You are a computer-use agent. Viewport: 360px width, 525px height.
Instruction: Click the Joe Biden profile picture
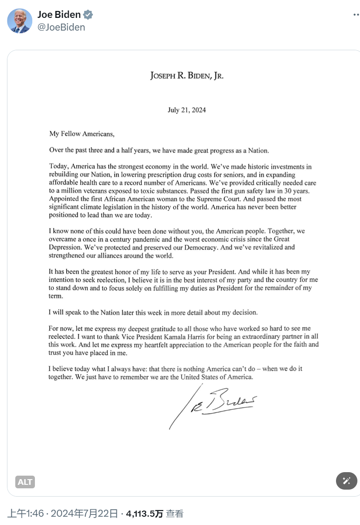coord(20,21)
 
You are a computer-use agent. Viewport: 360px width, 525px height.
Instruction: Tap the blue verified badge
coord(88,15)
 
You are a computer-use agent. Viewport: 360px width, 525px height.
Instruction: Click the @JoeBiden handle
coord(61,27)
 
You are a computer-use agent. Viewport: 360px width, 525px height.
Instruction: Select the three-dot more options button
coord(356,15)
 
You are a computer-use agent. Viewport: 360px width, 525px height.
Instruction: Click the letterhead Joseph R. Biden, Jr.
coord(187,76)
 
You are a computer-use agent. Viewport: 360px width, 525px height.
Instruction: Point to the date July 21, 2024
coord(187,110)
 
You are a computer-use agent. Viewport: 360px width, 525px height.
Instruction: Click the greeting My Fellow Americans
coord(82,134)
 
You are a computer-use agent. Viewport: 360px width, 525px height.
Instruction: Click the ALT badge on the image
coord(25,482)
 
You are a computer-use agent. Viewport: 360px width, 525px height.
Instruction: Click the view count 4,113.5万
coord(144,514)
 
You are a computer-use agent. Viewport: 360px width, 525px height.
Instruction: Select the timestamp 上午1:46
coord(25,514)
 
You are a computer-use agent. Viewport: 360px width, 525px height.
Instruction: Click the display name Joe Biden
coord(59,15)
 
